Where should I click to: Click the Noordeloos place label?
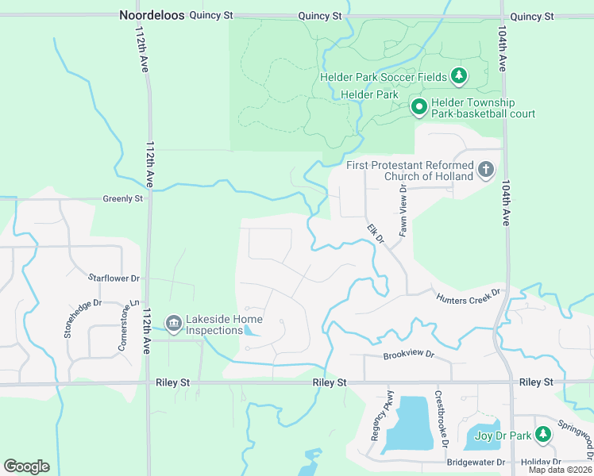[x=151, y=15]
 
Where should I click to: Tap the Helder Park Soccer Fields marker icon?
[x=458, y=77]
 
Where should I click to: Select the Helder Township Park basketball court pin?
[x=419, y=106]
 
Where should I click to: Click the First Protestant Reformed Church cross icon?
[x=485, y=170]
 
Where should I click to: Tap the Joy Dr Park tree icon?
[x=543, y=435]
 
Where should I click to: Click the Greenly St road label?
[x=122, y=198]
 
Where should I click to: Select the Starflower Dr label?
[x=114, y=278]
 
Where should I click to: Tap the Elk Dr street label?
[x=375, y=234]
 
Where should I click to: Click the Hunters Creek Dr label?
[x=468, y=296]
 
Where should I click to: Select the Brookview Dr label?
[x=410, y=354]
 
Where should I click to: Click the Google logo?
[x=26, y=466]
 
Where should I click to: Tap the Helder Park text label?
[x=368, y=94]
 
